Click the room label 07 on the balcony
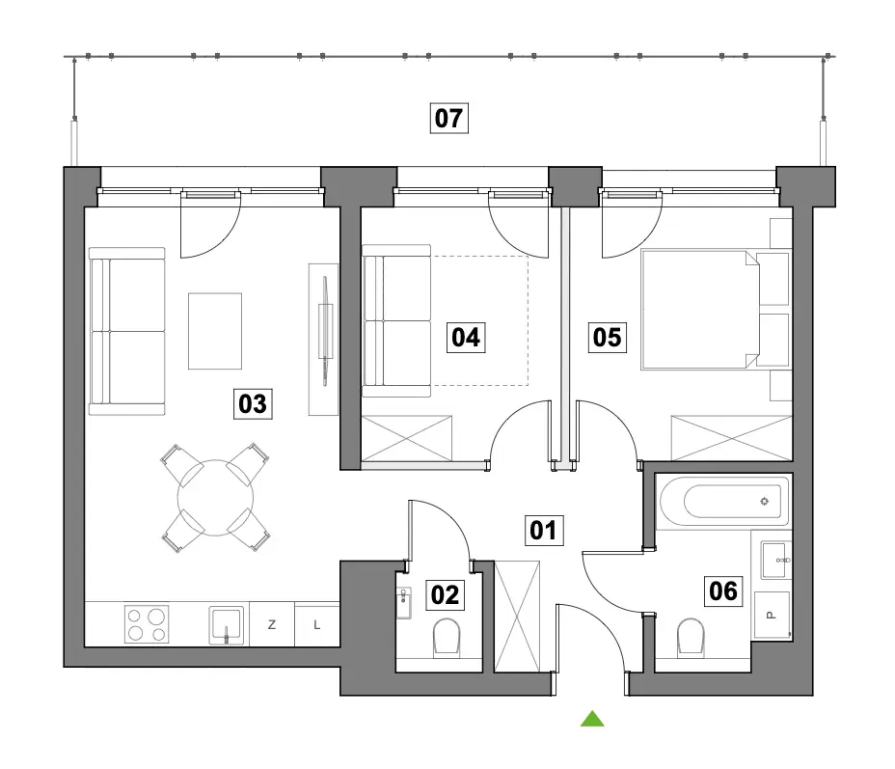(448, 118)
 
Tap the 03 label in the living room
(253, 403)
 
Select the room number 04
(466, 338)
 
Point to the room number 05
(608, 337)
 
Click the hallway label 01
(544, 531)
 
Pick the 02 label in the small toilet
(446, 595)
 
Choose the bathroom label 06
(723, 590)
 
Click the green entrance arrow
(592, 719)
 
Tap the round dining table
(215, 498)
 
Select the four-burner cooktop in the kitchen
(147, 624)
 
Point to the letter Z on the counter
(272, 624)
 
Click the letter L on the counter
(316, 625)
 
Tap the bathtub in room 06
(723, 502)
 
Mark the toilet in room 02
(447, 637)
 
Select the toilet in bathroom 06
(691, 638)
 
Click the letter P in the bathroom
(772, 615)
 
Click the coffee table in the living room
(215, 331)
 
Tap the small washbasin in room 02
(403, 602)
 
